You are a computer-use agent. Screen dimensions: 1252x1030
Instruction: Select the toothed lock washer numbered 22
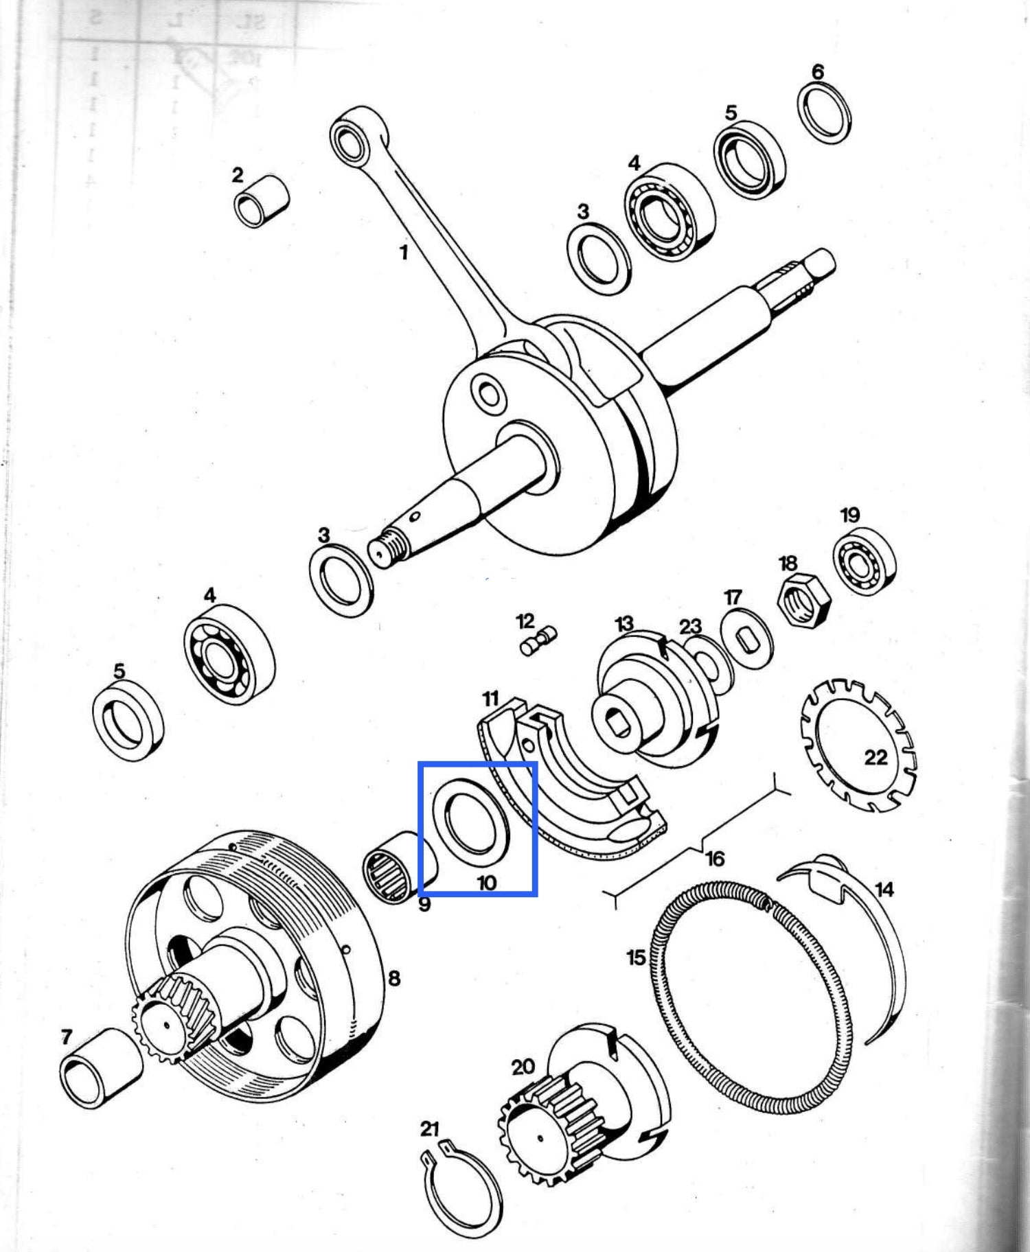858,745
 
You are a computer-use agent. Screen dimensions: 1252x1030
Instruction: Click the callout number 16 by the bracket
715,858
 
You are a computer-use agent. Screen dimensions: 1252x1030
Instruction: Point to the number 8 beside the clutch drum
394,977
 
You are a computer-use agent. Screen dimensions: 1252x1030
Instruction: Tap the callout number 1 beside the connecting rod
404,253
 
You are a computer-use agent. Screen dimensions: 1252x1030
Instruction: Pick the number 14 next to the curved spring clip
884,890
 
